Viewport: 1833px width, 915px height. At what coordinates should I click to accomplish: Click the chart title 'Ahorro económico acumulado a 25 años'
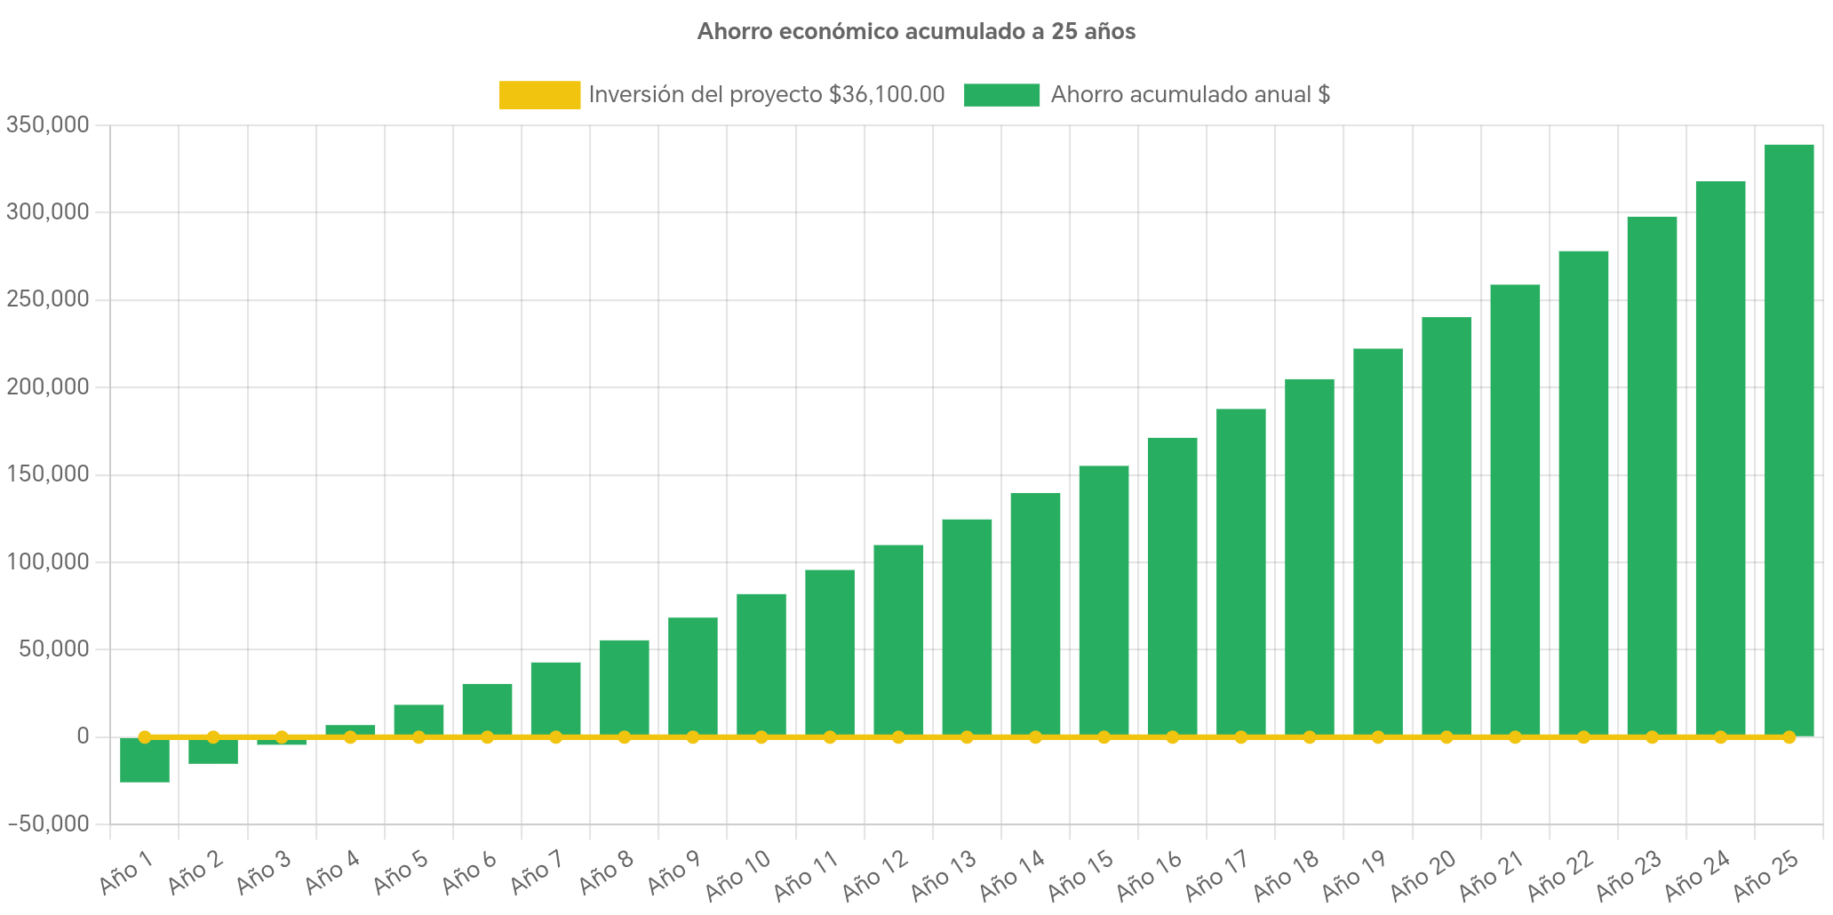[x=916, y=32]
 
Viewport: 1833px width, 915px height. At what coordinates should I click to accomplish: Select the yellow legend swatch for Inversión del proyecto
[x=539, y=95]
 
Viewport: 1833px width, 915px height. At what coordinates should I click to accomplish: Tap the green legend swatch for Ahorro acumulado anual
[x=1001, y=95]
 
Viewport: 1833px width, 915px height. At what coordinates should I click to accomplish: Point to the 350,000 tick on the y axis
[x=48, y=125]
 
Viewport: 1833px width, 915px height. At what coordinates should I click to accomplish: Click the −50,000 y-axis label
[x=48, y=824]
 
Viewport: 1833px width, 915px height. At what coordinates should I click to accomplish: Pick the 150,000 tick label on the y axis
[x=48, y=474]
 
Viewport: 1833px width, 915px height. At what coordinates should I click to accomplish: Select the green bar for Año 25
[x=1789, y=440]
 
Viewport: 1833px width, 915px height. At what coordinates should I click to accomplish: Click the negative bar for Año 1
[x=145, y=761]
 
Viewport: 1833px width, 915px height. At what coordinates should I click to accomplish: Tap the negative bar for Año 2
[x=213, y=752]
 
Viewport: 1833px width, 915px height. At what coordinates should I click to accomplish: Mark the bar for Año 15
[x=1104, y=601]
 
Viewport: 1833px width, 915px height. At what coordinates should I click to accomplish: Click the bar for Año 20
[x=1446, y=526]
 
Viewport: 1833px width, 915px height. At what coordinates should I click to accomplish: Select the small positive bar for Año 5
[x=418, y=720]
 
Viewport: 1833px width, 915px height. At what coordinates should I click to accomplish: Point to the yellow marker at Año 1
[x=145, y=737]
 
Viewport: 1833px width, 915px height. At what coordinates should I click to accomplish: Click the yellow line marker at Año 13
[x=967, y=737]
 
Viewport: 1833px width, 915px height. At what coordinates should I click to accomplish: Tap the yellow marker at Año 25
[x=1789, y=737]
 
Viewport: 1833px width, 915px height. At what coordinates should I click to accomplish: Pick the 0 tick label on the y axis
[x=83, y=736]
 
